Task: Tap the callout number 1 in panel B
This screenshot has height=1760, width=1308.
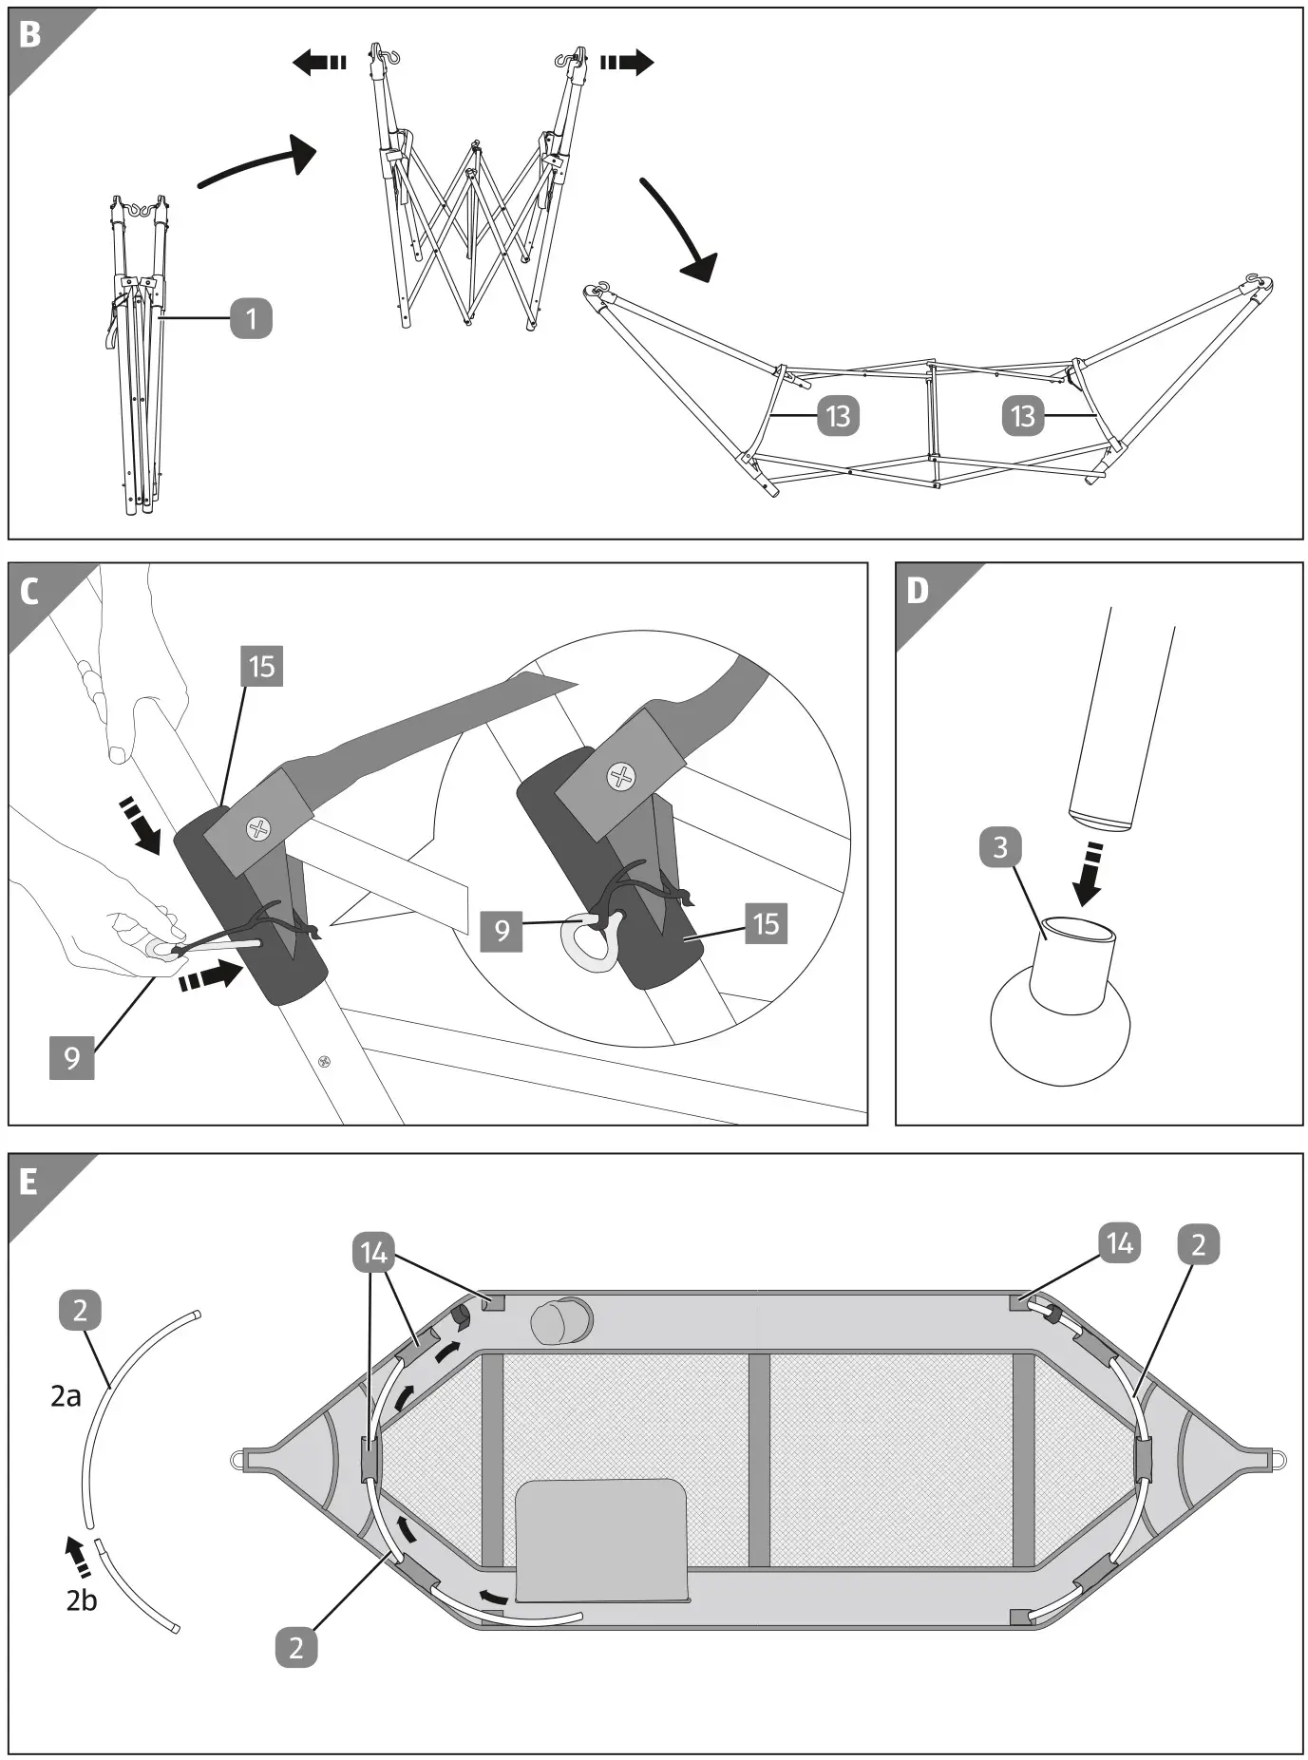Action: [x=251, y=318]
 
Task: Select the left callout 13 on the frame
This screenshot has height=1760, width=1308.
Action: [x=838, y=416]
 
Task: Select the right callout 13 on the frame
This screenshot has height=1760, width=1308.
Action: [x=1023, y=416]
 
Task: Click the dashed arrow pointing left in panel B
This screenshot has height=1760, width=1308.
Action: [x=319, y=64]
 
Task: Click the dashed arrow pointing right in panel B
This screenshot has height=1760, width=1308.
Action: [x=627, y=64]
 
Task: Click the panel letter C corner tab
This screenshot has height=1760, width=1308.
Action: [x=29, y=591]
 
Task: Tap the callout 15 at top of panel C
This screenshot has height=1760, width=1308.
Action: [x=261, y=666]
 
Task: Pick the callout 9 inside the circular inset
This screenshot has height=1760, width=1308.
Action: [x=502, y=928]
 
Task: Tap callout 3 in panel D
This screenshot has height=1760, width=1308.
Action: [x=999, y=845]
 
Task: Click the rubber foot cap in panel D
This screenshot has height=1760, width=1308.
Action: [x=1061, y=1016]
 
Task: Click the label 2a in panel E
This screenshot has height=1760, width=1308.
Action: [x=66, y=1396]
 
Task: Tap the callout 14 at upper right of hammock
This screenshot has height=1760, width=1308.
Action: [x=1119, y=1243]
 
